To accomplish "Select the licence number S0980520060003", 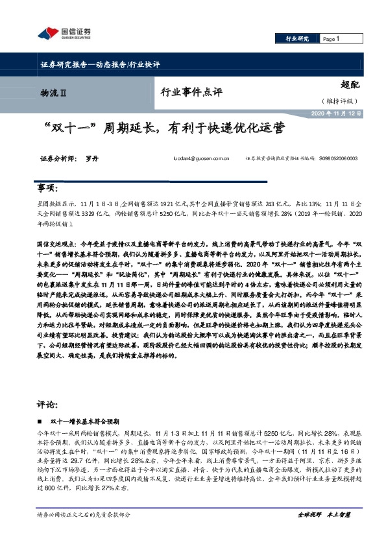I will tap(339, 158).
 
